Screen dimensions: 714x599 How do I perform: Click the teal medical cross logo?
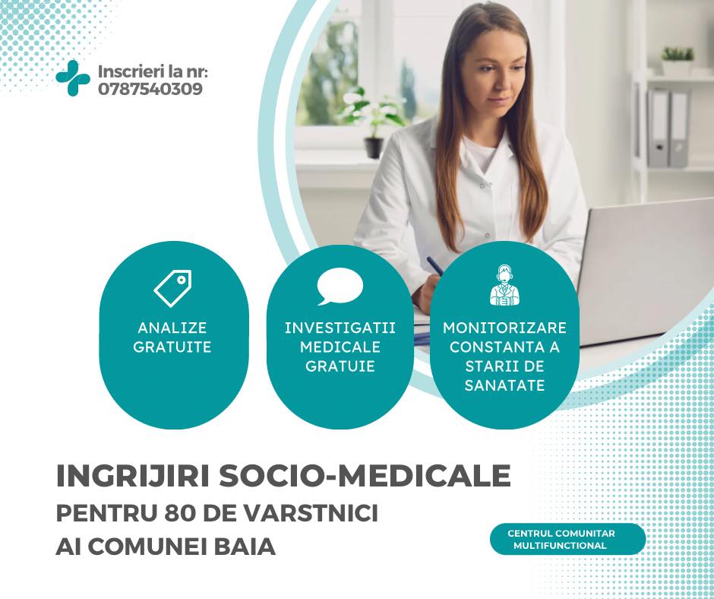point(73,78)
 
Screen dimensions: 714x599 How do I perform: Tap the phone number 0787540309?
point(150,89)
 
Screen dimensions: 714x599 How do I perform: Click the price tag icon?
point(173,288)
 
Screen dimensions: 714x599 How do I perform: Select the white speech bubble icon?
point(340,287)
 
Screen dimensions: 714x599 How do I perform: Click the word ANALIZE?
point(172,328)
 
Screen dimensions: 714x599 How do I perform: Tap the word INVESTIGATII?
point(340,328)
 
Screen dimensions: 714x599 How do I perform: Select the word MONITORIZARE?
point(504,328)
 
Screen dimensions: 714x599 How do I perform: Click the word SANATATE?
point(504,385)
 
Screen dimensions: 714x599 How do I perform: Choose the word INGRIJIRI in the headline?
point(133,475)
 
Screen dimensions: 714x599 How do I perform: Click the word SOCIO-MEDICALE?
point(365,475)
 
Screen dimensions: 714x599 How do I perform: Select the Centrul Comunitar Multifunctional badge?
point(567,539)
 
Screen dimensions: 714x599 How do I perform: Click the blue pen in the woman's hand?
point(435,265)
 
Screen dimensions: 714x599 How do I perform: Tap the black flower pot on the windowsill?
point(374,147)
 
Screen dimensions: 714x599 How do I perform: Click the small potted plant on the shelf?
point(677,61)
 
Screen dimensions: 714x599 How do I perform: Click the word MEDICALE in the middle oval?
point(340,347)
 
